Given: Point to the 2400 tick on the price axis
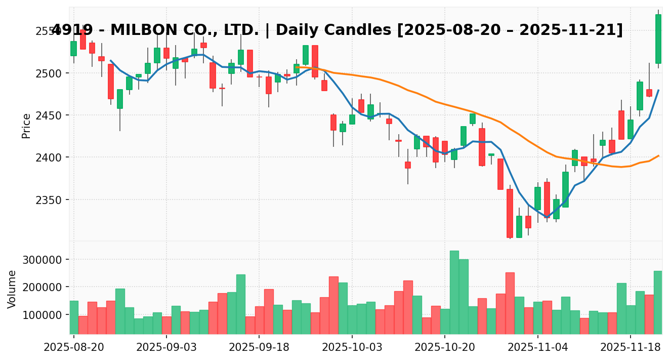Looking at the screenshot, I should [x=50, y=158].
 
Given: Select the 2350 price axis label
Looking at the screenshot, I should [x=50, y=200].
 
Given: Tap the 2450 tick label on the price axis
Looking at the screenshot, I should [x=50, y=115].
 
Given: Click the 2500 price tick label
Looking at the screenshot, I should [x=50, y=73].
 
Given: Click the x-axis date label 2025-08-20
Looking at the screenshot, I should [x=74, y=348].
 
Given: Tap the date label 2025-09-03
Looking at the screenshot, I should [x=166, y=348].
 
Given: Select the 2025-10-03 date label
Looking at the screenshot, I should [x=352, y=348].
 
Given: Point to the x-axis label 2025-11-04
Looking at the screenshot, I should [x=537, y=348].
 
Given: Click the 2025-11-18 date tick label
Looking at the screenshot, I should [x=631, y=348].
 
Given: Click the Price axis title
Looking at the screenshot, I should [x=26, y=126].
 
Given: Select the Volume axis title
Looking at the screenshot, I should [x=12, y=289].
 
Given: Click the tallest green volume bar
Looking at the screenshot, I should [x=454, y=292].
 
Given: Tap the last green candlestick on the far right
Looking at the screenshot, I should [x=658, y=39].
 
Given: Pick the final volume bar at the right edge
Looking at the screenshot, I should [x=658, y=302].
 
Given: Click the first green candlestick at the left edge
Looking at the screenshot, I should [x=74, y=49].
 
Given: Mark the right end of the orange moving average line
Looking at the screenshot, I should [x=658, y=155].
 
